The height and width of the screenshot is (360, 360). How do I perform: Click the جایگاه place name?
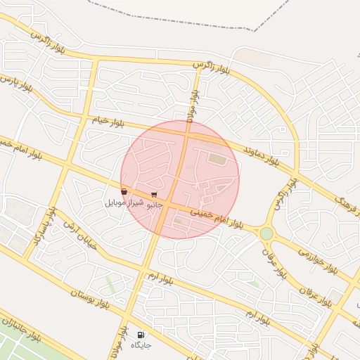141,345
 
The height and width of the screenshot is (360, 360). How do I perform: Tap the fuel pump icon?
141,335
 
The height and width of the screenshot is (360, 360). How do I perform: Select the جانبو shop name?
154,204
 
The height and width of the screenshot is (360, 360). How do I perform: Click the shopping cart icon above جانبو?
154,195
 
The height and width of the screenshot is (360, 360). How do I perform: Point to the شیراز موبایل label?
124,202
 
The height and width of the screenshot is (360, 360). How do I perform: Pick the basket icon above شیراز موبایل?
124,191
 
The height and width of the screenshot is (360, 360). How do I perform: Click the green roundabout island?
266,233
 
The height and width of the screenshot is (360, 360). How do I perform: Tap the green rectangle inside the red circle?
217,160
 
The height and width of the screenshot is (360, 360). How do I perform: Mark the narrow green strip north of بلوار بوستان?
110,284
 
